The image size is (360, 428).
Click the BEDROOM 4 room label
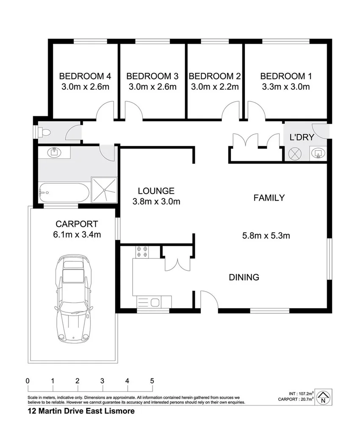click(x=85, y=76)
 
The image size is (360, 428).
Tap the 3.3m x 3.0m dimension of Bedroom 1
click(x=285, y=87)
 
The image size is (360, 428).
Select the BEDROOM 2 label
click(x=215, y=76)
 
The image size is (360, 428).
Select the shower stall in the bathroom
click(x=104, y=190)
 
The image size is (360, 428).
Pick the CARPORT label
click(x=77, y=224)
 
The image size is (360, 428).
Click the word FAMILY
click(x=269, y=197)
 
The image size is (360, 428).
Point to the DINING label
click(x=244, y=278)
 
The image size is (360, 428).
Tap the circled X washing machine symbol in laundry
click(x=294, y=154)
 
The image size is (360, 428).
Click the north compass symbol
click(x=324, y=396)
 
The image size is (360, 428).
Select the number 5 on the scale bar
click(x=152, y=381)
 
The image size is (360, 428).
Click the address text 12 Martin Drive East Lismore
click(x=81, y=411)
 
